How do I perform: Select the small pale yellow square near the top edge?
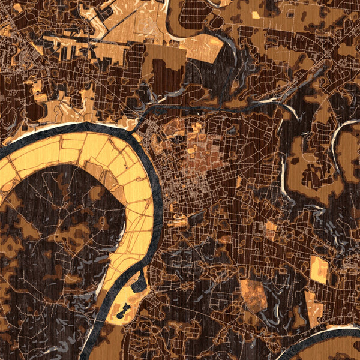256,14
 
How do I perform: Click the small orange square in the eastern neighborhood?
271,226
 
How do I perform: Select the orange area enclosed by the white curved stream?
348,150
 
